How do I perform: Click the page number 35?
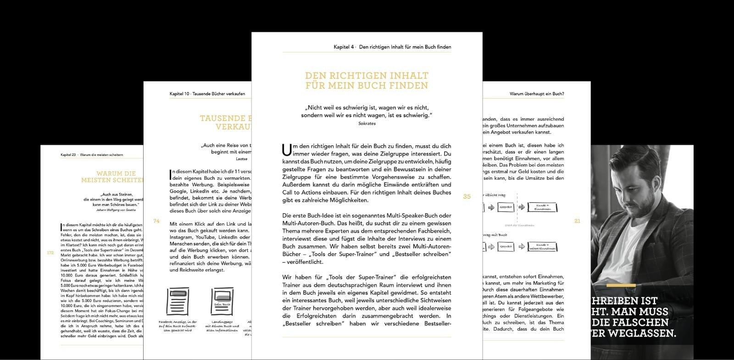(467, 196)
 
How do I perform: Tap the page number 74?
(156, 221)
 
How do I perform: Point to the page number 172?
(50, 253)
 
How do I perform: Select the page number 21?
(577, 221)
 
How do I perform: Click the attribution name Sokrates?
(367, 123)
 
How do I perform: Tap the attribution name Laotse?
(241, 159)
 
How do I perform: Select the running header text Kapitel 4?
(344, 47)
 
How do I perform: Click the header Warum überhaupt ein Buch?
(537, 94)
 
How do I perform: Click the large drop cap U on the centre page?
(287, 150)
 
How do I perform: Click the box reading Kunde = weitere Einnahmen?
(542, 247)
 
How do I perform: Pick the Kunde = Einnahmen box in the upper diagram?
(542, 207)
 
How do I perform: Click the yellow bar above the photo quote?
(621, 286)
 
